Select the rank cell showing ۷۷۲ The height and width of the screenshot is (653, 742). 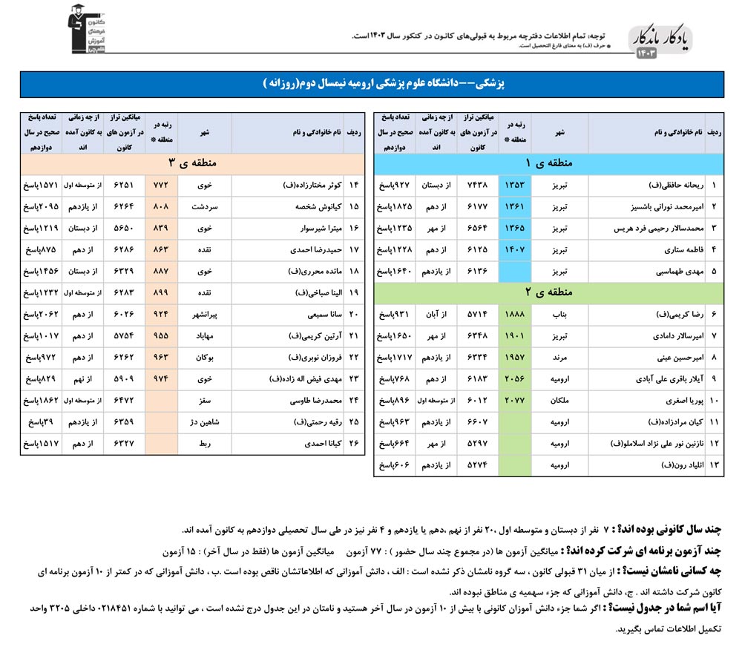point(161,185)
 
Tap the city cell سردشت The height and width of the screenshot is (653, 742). point(204,206)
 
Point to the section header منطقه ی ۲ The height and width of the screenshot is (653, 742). point(549,293)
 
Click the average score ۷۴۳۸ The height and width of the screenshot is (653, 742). point(476,185)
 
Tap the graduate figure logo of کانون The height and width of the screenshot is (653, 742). point(83,30)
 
